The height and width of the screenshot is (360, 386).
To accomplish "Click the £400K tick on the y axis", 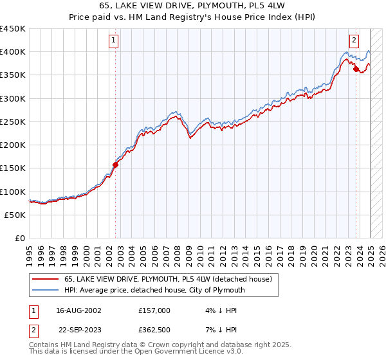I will click(x=13, y=52).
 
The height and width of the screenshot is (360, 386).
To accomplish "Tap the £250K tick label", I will click(x=13, y=122).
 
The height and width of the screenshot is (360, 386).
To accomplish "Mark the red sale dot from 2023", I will click(x=356, y=69).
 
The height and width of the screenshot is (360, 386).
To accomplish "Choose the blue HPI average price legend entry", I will click(x=154, y=290).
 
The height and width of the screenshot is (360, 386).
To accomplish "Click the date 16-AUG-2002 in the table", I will click(x=78, y=310).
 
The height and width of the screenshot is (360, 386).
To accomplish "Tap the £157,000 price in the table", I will click(x=154, y=310).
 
